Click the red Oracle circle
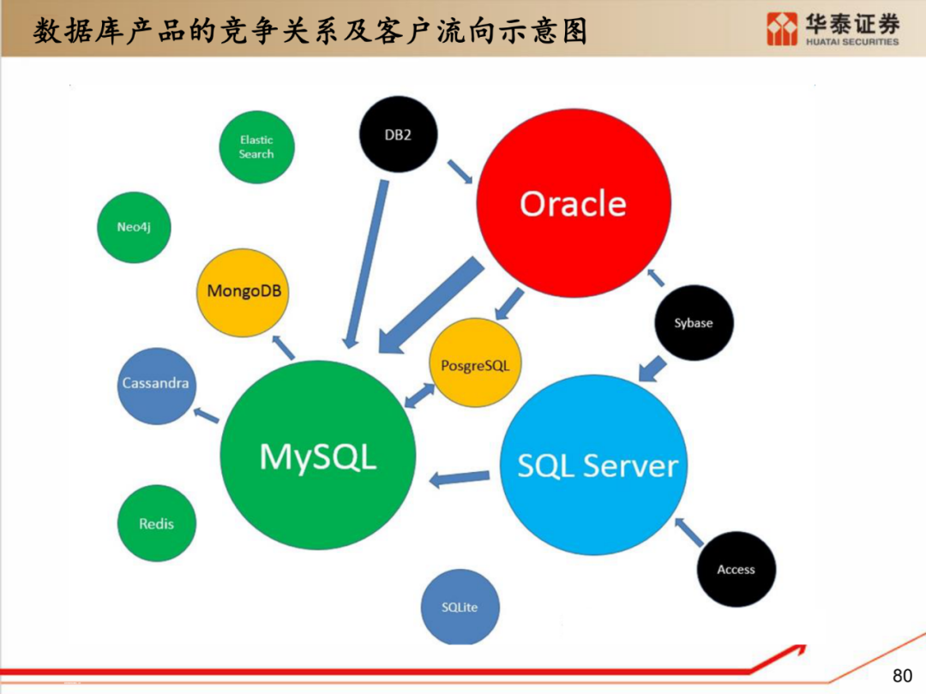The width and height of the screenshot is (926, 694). [x=574, y=203]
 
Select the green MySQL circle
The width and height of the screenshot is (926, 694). [x=318, y=456]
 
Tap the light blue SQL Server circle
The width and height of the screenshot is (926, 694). [x=597, y=465]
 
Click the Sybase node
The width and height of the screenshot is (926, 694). [x=693, y=323]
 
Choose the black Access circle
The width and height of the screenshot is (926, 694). [x=736, y=569]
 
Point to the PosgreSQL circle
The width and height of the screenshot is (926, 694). [x=475, y=364]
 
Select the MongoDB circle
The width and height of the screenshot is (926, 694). [x=244, y=291]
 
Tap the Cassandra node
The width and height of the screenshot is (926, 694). [x=155, y=383]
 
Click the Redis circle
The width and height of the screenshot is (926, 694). [x=156, y=523]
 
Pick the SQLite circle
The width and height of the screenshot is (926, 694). [x=460, y=607]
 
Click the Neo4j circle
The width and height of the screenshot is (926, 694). [x=134, y=227]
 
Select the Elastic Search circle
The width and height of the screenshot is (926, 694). [x=256, y=147]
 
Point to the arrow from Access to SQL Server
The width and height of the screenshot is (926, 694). [x=691, y=532]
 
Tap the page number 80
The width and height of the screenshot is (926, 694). [x=903, y=675]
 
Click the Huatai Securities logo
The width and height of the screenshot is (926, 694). [x=833, y=29]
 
